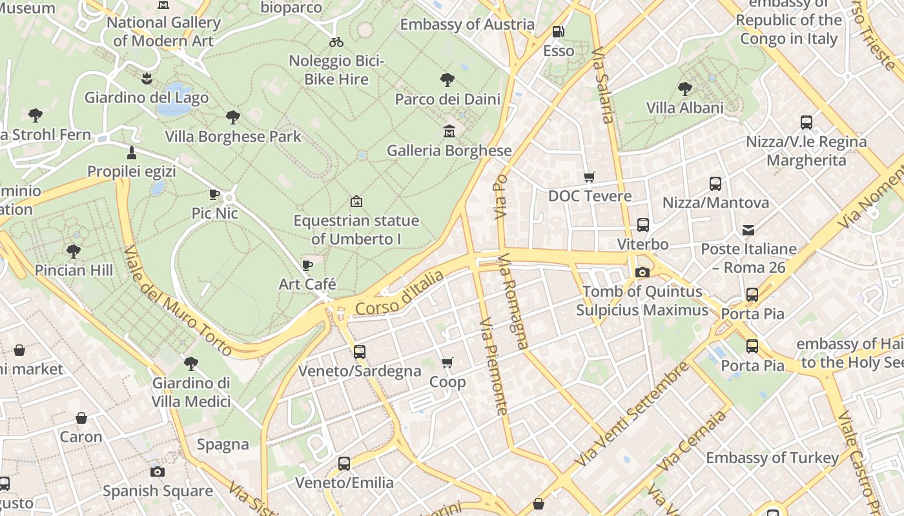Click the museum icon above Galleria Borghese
click(449, 132)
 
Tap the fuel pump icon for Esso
click(559, 32)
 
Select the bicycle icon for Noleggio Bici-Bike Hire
click(336, 43)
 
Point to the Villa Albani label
click(685, 108)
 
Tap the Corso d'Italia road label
click(400, 293)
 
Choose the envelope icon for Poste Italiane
click(748, 230)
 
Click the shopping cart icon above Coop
click(447, 363)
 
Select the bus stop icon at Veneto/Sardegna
click(360, 352)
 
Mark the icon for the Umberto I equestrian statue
click(356, 202)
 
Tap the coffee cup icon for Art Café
click(307, 265)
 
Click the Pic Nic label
click(215, 213)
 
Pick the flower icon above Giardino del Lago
click(147, 79)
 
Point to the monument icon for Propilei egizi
click(132, 153)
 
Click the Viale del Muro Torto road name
click(177, 301)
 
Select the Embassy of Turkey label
click(772, 458)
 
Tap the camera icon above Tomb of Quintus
click(642, 273)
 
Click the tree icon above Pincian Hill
click(74, 251)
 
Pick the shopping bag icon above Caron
click(81, 418)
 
